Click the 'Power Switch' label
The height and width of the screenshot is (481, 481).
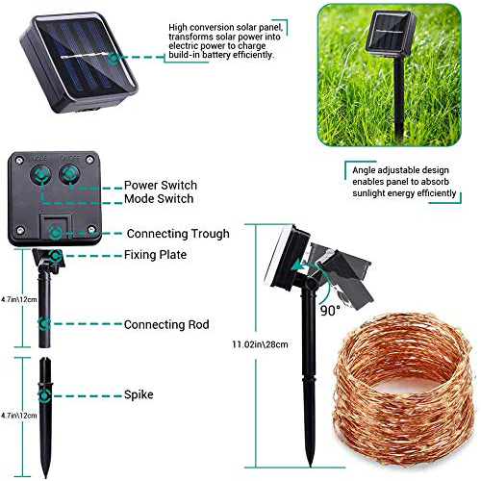(160, 185)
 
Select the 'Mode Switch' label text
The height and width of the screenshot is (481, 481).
(159, 199)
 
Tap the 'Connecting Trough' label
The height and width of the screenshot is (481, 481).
(178, 233)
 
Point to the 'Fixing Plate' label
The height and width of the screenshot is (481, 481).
(155, 255)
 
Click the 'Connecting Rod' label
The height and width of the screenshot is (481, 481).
(166, 325)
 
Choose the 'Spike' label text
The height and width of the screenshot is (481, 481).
(139, 394)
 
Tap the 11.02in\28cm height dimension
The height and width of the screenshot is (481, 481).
(252, 343)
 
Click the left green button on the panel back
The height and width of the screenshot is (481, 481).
(43, 174)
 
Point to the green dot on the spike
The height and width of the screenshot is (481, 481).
(45, 393)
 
